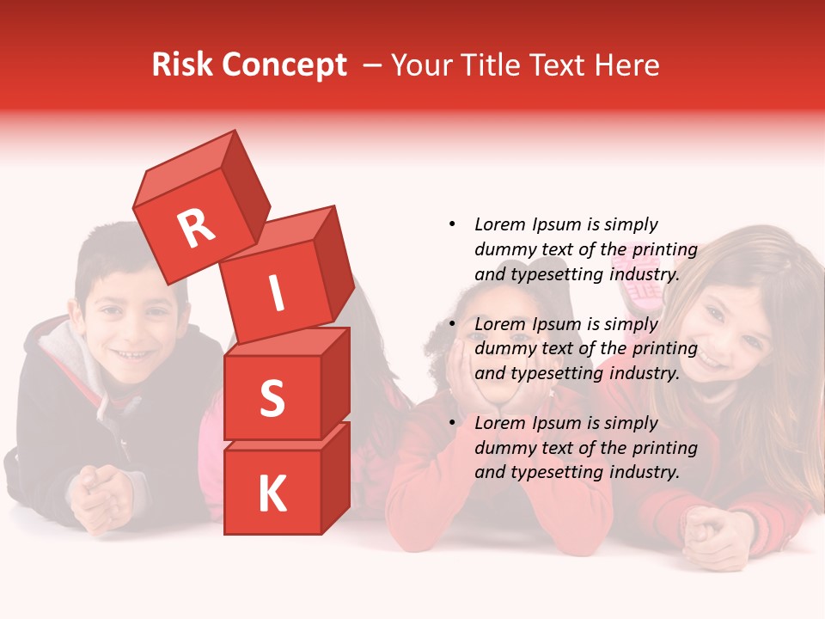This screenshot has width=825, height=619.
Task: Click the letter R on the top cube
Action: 196,229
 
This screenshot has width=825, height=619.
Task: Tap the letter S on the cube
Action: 272,398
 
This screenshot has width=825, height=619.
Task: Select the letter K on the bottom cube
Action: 272,494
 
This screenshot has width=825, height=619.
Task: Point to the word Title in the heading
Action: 495,65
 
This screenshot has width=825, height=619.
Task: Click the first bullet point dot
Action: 452,225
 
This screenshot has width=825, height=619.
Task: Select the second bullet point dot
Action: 452,324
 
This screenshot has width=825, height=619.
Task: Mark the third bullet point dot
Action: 452,423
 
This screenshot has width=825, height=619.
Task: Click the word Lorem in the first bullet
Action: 498,225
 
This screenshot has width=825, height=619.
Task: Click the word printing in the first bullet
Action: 664,250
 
